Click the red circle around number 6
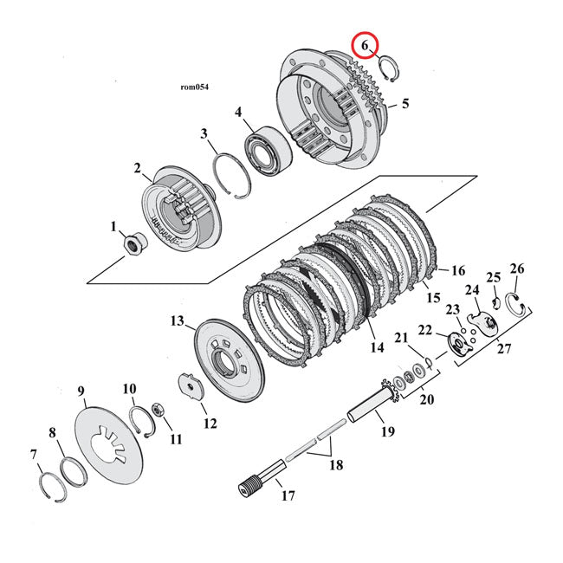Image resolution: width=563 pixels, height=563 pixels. [364, 44]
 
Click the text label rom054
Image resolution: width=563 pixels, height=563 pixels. [195, 87]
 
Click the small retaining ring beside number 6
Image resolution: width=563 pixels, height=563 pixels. [391, 67]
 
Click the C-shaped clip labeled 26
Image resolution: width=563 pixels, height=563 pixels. [514, 304]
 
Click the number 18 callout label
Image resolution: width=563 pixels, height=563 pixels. [335, 464]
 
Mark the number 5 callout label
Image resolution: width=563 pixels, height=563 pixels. [404, 104]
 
